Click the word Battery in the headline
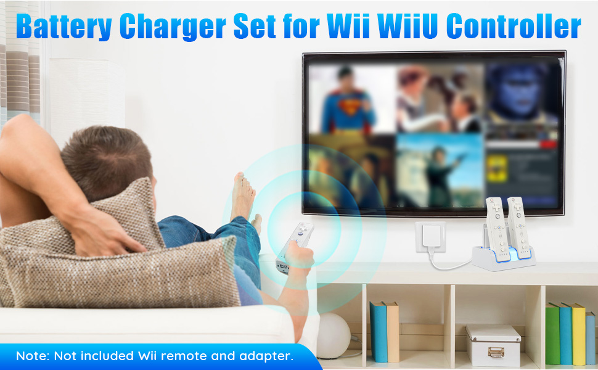tap(64, 27)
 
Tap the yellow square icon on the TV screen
tap(496, 168)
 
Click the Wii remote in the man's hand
tap(295, 244)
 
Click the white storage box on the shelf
tap(493, 345)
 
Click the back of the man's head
tap(99, 157)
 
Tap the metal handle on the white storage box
tap(493, 351)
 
